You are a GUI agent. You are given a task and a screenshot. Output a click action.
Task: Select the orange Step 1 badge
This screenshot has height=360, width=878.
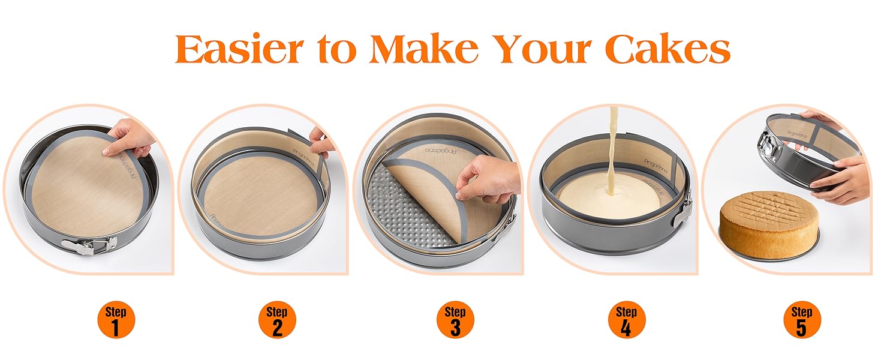[116, 320]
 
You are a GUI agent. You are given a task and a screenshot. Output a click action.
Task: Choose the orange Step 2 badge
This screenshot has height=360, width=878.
[277, 320]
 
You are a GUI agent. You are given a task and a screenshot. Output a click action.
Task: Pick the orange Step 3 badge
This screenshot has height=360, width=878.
[455, 320]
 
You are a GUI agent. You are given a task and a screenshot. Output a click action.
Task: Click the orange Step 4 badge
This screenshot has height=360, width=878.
[626, 320]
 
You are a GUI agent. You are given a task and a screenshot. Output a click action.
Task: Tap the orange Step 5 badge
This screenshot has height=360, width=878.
[802, 320]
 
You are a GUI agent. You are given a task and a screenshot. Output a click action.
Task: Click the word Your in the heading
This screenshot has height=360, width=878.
[543, 49]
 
